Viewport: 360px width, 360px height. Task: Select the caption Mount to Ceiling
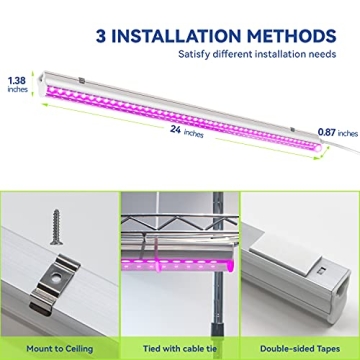59,340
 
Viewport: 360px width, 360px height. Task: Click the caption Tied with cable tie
179,340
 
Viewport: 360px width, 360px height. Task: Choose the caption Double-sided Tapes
299,340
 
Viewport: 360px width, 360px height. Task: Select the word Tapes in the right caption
326,340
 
